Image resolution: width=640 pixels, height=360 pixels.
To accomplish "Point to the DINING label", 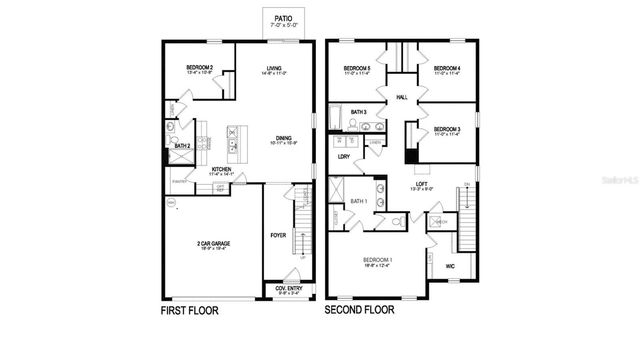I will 283,140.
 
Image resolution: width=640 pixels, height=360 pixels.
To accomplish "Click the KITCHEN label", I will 222,170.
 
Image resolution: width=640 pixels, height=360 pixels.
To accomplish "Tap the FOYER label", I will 278,235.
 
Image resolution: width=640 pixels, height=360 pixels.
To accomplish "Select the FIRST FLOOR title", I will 189,311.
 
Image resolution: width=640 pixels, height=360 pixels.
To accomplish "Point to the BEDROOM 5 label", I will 355,69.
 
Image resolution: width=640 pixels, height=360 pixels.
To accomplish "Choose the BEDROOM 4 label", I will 446,69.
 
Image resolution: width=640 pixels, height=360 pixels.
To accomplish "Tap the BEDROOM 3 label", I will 446,130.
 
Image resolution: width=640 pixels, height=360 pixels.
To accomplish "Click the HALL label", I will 402,97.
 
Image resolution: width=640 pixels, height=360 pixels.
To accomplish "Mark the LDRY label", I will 343,156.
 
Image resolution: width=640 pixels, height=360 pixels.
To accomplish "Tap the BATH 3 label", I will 358,112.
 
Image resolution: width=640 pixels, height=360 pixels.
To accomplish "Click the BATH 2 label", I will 182,146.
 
